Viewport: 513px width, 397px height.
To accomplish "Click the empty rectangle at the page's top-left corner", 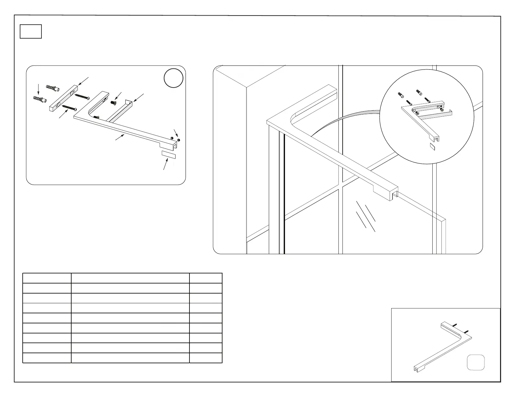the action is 31,31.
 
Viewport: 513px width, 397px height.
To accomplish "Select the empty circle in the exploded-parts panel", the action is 174,78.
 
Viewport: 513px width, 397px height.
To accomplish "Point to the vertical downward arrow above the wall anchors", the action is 39,89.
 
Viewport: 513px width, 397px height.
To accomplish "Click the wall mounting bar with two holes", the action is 64,98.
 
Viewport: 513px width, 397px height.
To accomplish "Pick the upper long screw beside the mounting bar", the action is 82,97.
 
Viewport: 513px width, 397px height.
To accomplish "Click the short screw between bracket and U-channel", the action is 114,102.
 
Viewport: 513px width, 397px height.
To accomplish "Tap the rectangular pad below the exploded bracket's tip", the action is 168,154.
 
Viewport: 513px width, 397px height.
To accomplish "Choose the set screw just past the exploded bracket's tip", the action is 179,140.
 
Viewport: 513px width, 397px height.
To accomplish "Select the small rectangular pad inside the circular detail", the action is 432,146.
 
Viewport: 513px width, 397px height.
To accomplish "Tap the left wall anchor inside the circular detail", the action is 401,95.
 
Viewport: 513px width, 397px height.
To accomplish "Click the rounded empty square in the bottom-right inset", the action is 476,362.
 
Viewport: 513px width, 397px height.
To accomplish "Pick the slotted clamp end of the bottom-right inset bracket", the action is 416,368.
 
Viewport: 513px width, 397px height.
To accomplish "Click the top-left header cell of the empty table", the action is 47,278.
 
